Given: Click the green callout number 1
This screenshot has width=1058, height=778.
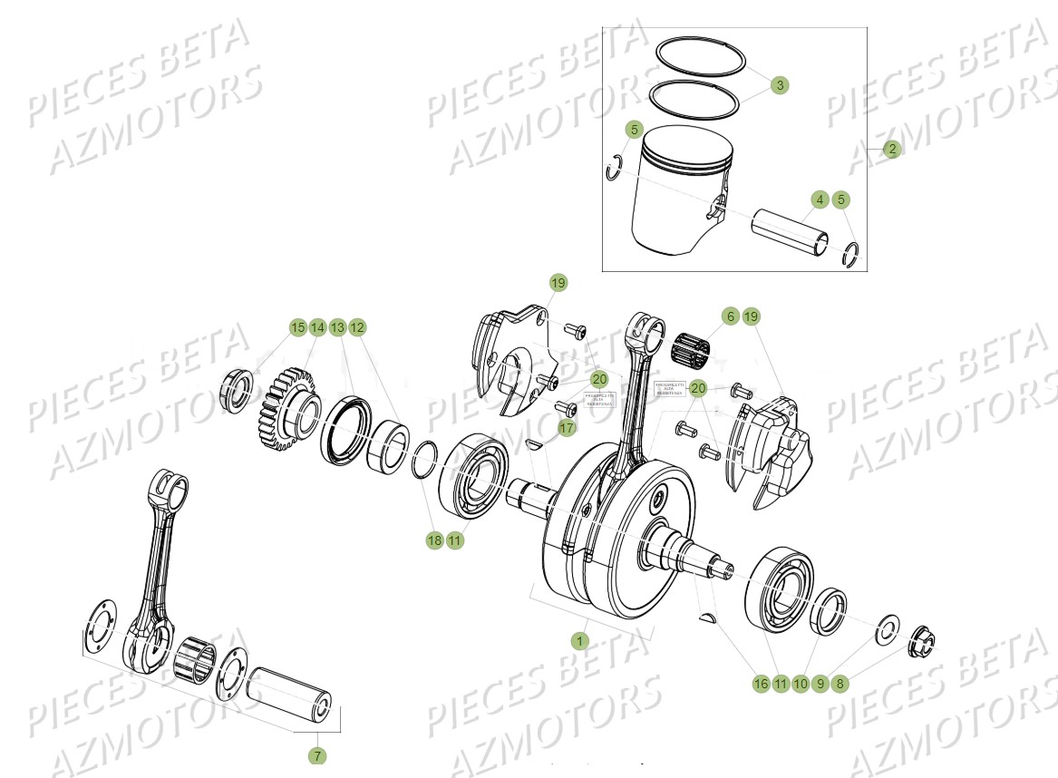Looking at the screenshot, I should [579, 640].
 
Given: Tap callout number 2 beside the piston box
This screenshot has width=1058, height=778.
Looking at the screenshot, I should [892, 149].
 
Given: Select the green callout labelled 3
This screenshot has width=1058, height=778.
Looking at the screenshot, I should [779, 85].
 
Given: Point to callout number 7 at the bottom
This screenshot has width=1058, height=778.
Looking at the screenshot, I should [318, 755].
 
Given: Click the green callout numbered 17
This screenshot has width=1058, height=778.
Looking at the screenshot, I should [567, 428].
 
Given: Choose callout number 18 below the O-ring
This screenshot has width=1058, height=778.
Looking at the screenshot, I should [434, 540].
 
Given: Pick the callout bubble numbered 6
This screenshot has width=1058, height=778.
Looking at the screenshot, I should [730, 316].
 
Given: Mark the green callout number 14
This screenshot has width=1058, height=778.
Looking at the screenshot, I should [316, 326].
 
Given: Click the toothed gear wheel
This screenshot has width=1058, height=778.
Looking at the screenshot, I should [285, 409].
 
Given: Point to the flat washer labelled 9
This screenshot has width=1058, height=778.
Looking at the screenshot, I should [884, 630].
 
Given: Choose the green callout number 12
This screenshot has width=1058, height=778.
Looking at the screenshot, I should [356, 326].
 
